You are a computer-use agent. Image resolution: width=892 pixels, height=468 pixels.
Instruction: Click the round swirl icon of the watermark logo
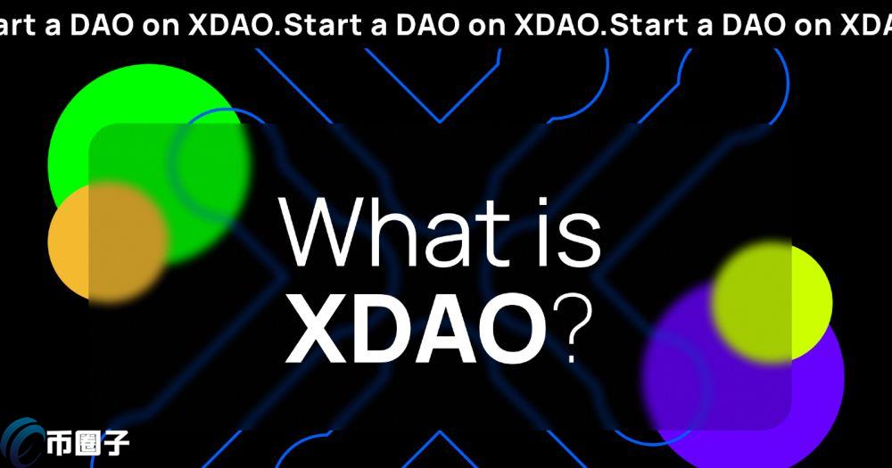tap(25, 443)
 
